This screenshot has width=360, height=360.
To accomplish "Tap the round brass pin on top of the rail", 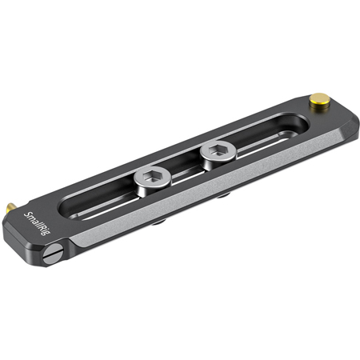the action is pos(319,101).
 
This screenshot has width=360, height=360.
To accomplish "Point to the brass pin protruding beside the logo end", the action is pos(10,207).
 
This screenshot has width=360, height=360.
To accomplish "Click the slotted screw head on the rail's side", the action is pos(53,254).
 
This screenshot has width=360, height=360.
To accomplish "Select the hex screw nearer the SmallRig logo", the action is pos(153,181).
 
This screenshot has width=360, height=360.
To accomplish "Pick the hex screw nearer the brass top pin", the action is pos(218,154).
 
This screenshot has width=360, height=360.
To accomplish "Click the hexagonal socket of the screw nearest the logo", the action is pos(153,175).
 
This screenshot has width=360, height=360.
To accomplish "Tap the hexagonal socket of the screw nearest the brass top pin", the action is pos(218,150).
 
